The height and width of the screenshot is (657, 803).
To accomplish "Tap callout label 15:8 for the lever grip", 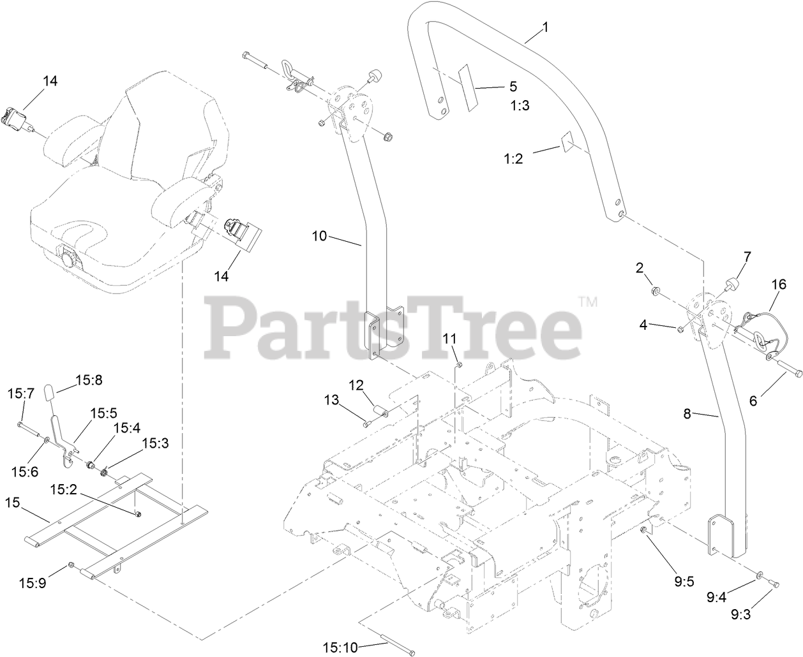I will (x=89, y=380).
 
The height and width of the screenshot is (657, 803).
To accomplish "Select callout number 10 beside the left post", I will (x=319, y=235).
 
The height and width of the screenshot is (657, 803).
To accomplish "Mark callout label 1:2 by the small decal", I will (x=513, y=159).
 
